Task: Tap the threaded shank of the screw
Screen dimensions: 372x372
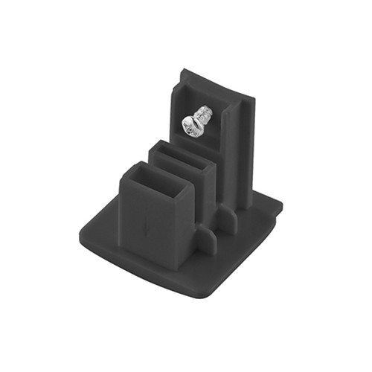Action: [205, 116]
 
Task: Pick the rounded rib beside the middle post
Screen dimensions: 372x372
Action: [226, 219]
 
